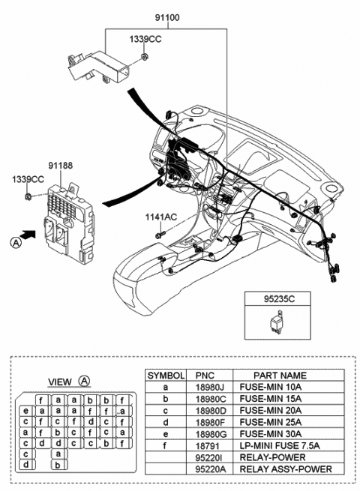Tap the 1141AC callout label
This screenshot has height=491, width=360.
pos(161,217)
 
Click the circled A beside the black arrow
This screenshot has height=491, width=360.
pos(14,241)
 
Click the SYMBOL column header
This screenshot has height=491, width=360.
pos(165,374)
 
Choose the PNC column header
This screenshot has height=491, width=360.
pos(205,374)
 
